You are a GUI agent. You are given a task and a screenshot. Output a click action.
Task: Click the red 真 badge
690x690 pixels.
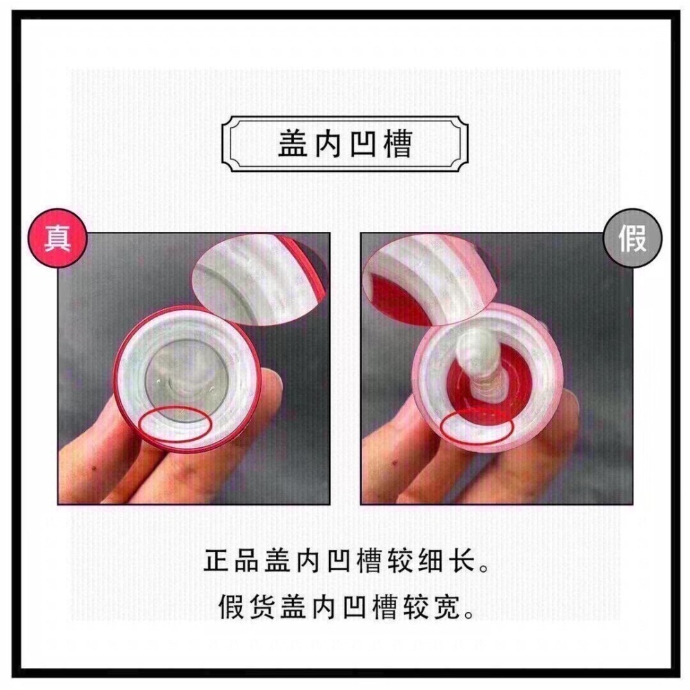(x=57, y=238)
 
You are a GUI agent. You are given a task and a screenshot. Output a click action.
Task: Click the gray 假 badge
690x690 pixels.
(x=632, y=238)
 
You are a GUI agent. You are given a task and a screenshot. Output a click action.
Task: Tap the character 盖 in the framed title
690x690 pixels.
(x=293, y=144)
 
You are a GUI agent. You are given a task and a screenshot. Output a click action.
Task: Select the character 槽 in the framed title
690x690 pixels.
(x=397, y=144)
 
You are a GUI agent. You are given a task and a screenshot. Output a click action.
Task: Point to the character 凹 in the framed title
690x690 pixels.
(x=363, y=144)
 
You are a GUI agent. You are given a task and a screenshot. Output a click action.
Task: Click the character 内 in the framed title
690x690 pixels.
(x=327, y=144)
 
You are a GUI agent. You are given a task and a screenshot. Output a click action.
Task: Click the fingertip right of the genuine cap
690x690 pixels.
(x=269, y=387)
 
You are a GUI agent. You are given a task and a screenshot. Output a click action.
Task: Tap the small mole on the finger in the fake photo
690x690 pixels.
(x=394, y=462)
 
